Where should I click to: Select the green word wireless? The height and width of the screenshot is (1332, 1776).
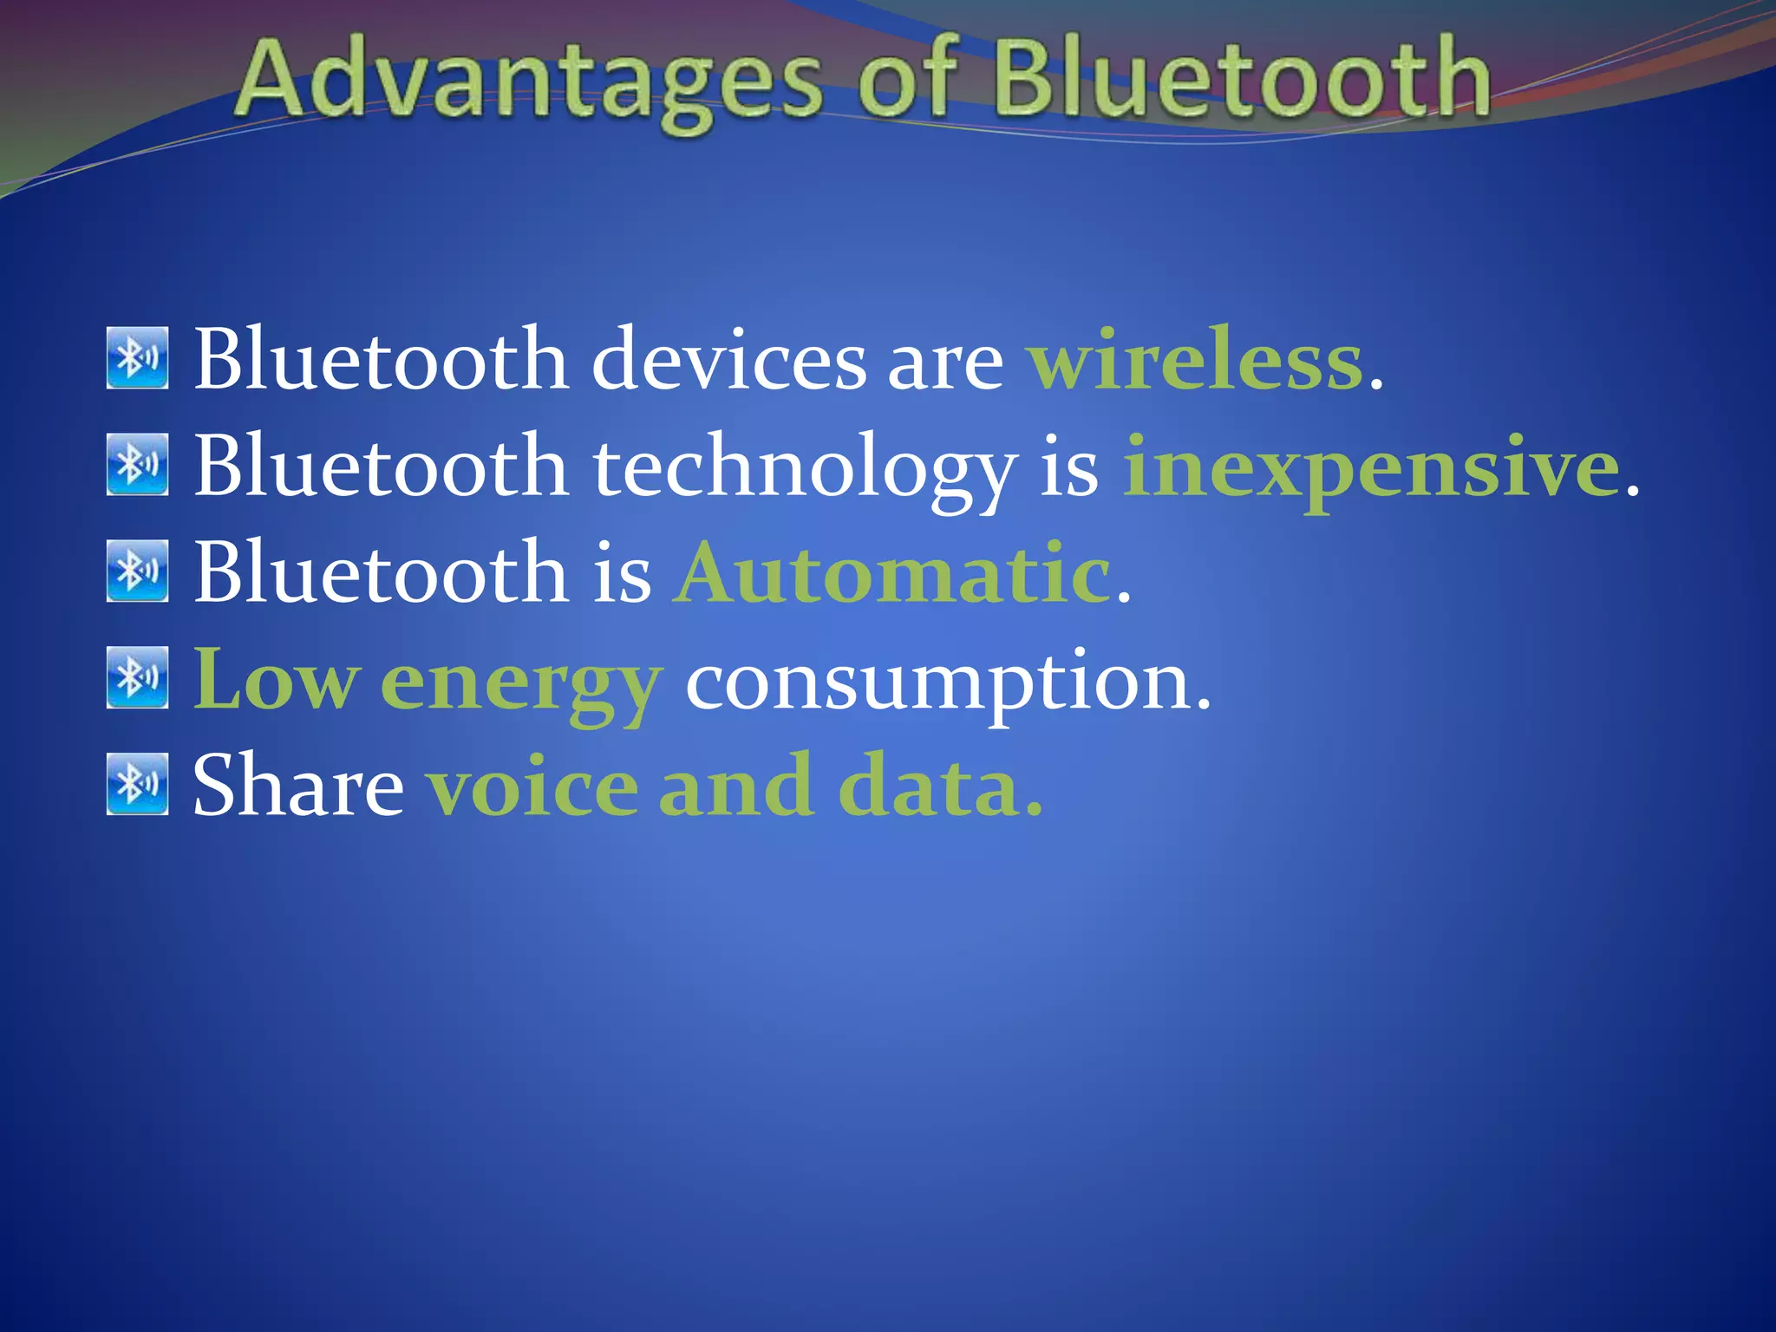pos(1195,361)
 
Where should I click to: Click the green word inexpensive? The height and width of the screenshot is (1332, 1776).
pos(1371,468)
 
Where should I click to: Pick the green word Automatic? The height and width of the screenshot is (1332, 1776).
pos(893,573)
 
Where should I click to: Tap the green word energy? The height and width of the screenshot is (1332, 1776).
pos(520,685)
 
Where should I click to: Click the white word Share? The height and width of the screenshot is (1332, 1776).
pos(298,787)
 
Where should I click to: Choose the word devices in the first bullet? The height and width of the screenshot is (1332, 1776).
pos(728,361)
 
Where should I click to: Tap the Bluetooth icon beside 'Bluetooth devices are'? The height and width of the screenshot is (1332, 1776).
pos(137,357)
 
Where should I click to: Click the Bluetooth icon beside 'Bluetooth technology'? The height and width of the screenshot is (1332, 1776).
pos(137,465)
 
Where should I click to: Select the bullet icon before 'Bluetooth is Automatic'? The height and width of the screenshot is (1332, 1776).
pos(137,571)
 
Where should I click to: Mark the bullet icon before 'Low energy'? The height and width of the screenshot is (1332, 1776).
pos(137,677)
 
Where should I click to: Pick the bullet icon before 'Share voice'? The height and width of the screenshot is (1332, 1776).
pos(137,784)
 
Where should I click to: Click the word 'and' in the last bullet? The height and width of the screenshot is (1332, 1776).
pos(736,787)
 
